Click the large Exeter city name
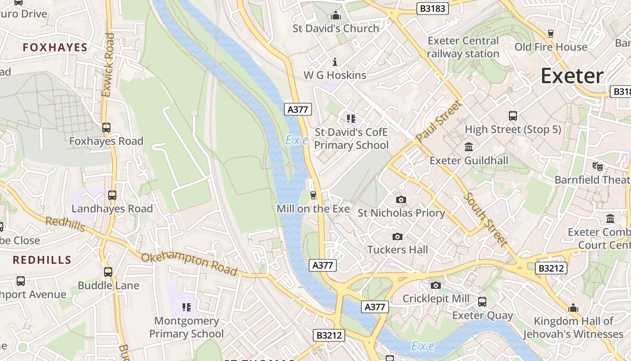(572, 75)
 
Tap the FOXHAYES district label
(55, 47)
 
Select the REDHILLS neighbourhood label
(42, 260)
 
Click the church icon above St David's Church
(335, 16)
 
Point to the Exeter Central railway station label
(463, 47)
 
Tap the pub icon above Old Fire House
(550, 33)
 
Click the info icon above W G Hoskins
(334, 62)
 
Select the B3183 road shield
(432, 9)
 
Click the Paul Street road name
(439, 121)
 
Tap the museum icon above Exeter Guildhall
(469, 147)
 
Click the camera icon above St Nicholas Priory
(401, 199)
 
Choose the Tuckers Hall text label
(398, 250)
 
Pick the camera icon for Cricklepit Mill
(435, 285)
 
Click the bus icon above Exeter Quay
(482, 301)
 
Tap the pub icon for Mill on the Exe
(313, 195)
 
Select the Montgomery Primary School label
(187, 327)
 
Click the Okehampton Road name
(189, 264)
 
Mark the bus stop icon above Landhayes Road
(112, 195)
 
